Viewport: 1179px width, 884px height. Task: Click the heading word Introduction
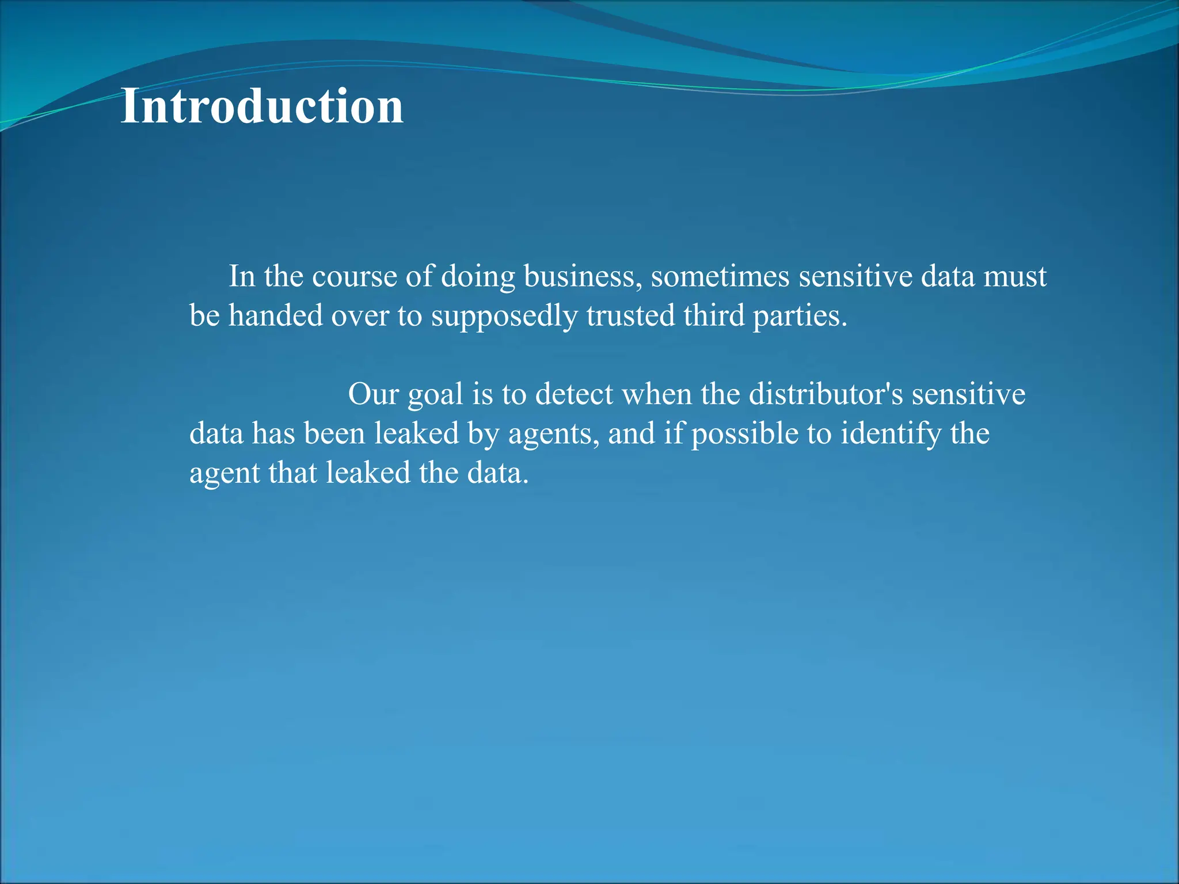click(262, 106)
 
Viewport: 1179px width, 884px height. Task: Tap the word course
click(354, 277)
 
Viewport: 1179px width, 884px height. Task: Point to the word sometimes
click(720, 277)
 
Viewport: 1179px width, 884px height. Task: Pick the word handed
click(276, 316)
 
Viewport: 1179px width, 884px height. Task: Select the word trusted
click(630, 316)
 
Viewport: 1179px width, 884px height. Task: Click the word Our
click(373, 395)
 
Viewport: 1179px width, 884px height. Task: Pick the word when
click(657, 395)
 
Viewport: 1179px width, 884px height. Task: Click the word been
click(334, 434)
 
